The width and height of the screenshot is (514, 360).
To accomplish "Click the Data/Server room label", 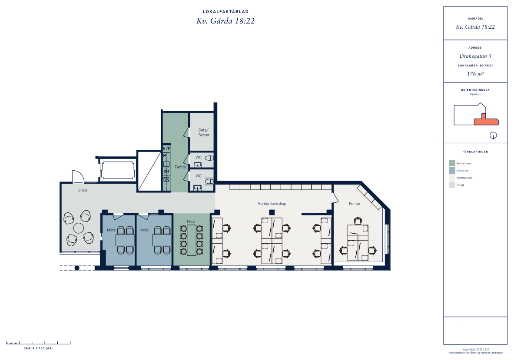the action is coord(204,132).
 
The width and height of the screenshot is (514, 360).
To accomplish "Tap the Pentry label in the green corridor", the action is coord(180,167).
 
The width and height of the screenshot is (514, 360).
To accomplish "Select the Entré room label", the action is coord(83,190).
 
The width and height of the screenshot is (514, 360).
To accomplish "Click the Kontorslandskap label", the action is coord(272,203).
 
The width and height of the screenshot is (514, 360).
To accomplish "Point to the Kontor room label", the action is coord(355,203).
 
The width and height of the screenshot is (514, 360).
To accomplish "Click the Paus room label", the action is coord(191,221).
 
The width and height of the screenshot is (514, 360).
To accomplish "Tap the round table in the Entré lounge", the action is coord(79,228).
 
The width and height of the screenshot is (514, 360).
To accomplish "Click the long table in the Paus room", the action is coord(192,240).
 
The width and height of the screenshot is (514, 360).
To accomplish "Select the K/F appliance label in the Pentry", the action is coord(166,149).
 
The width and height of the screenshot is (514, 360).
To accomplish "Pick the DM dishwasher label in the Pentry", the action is coord(166,172).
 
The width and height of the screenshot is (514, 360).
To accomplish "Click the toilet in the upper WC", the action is coord(209,158).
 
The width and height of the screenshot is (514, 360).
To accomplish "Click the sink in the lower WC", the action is coord(197,188).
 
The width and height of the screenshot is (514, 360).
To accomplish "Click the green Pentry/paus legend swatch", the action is coord(452,163).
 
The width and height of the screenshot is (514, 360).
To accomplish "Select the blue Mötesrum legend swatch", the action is coord(452,170).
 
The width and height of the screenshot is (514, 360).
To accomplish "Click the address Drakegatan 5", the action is coord(475,56).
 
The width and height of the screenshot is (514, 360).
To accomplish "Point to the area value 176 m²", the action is coord(475,74).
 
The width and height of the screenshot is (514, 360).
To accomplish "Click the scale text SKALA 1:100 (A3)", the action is coord(38,348).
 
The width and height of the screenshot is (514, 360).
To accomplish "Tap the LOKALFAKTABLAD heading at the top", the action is coord(225,12).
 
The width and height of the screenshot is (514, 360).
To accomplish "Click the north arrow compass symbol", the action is coord(493,135).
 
